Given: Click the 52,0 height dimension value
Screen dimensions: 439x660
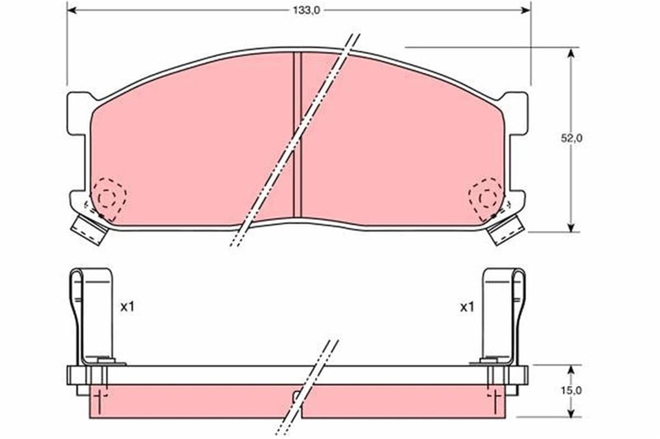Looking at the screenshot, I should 571,139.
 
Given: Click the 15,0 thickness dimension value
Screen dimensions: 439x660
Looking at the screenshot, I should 571,391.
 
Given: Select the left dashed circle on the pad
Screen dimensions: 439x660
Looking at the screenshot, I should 108,197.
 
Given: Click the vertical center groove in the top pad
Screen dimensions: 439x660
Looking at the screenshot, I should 298,135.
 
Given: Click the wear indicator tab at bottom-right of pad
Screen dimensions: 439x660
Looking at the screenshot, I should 505,229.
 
